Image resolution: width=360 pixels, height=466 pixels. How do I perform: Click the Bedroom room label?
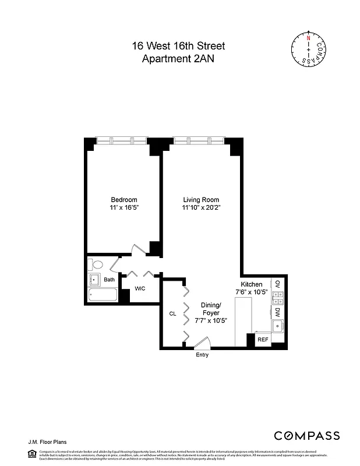[123, 200]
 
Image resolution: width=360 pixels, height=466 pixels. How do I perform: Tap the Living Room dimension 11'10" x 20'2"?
[201, 207]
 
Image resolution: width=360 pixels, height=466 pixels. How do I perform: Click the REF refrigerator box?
[263, 339]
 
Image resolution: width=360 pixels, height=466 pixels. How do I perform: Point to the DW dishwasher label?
[278, 312]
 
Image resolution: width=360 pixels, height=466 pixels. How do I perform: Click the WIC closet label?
[140, 288]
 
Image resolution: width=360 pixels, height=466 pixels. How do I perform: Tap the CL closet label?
[172, 313]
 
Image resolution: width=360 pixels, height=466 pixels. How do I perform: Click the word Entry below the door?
[202, 355]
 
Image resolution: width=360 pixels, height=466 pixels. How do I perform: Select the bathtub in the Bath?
[103, 295]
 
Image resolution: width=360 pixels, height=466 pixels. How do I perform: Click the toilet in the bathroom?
[97, 264]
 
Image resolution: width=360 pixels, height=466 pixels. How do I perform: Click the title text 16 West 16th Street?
[179, 46]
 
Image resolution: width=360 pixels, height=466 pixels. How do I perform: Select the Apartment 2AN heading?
[179, 58]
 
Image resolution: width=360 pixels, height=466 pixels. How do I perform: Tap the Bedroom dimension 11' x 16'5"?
[123, 207]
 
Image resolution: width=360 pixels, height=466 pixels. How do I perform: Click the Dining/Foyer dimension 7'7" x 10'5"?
[210, 320]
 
